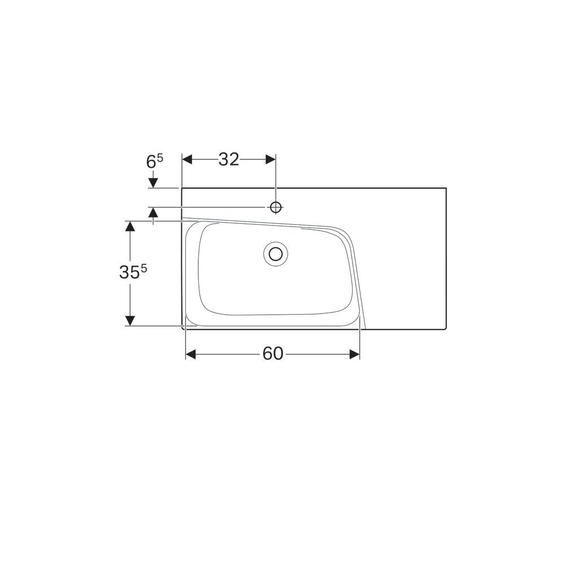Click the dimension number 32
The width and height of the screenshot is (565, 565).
point(229,159)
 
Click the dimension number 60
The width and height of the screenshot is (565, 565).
point(273,354)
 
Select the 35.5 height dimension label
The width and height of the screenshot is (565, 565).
point(133,272)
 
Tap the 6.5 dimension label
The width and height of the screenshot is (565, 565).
point(155,161)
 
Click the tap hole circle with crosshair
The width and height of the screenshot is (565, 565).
point(276,207)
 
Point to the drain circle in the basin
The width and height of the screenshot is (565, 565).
point(276,254)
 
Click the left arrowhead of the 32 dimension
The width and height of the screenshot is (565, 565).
point(188,159)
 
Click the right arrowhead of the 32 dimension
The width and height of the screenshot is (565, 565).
point(271,159)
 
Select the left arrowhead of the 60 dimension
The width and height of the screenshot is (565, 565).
point(190,354)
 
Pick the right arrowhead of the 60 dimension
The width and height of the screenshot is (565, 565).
point(355,354)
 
